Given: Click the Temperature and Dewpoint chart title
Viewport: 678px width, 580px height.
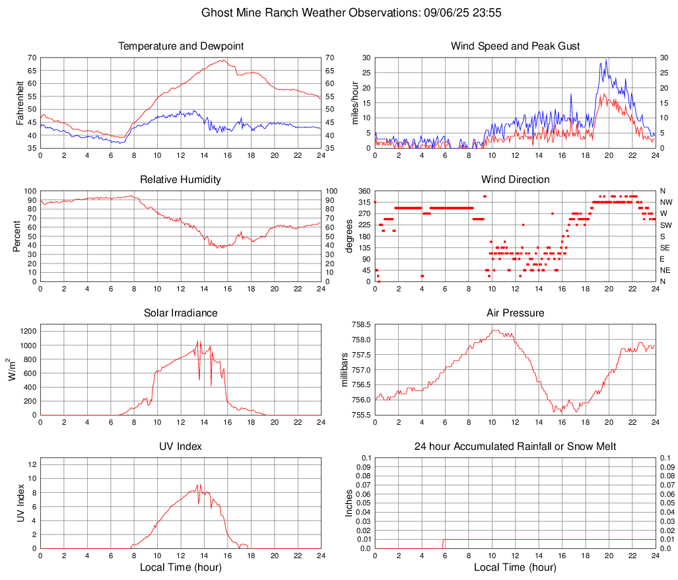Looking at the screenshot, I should point(180,46).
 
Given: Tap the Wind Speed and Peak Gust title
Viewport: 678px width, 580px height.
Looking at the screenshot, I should point(516,46).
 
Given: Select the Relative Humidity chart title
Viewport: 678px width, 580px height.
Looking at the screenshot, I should point(180,180).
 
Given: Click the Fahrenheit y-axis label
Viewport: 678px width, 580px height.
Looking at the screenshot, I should point(19,102).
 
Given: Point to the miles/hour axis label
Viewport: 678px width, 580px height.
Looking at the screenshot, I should point(355,102).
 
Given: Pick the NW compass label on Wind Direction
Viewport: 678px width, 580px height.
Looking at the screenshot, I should point(666,202).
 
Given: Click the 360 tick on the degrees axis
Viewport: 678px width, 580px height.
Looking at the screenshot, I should point(362,191).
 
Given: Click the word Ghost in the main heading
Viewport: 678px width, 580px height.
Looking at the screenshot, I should point(215,13).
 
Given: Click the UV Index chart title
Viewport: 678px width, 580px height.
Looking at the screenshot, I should point(180,447).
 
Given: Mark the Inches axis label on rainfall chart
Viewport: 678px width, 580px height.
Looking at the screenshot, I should point(349,503).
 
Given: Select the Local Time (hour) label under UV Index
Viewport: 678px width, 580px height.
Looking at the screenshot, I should point(180,567).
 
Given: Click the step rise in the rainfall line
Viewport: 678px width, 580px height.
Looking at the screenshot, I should point(443,544).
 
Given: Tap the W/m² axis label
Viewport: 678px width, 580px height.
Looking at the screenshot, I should point(13,369).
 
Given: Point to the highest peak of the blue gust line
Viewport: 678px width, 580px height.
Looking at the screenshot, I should point(607,59).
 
